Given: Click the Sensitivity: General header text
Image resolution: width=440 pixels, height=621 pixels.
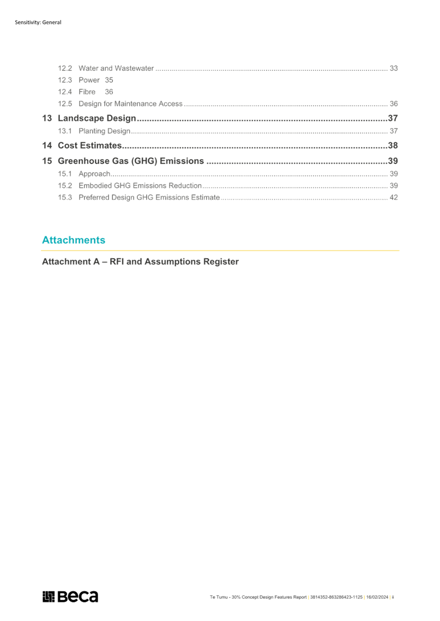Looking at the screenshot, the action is [x=38, y=22].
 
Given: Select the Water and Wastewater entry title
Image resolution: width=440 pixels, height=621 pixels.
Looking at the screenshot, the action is [x=116, y=68].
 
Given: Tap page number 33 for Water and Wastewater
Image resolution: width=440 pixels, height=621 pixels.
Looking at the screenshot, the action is [x=394, y=68].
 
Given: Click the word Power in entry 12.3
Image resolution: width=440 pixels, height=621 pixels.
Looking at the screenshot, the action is [x=89, y=80].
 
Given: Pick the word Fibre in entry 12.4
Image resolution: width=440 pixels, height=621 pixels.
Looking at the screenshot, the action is [x=87, y=92].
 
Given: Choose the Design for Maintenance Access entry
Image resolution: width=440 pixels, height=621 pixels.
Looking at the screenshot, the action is [x=130, y=103].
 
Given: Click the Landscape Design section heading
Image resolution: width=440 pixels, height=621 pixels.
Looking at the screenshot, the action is [x=97, y=118].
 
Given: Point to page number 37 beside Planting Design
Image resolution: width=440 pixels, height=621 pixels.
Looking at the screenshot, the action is [x=394, y=131].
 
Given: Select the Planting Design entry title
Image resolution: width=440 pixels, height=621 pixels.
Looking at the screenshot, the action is [x=104, y=131].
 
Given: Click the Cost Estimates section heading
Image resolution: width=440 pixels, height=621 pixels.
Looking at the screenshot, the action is [x=89, y=145].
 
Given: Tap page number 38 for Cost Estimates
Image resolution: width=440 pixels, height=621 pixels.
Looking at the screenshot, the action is [x=393, y=145].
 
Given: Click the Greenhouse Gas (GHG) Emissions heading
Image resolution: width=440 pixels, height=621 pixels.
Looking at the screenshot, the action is [x=131, y=161].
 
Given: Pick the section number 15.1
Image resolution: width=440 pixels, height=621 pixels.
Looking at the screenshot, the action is [x=65, y=174].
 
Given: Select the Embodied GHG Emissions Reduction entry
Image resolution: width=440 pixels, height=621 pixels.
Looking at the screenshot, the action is [x=140, y=186].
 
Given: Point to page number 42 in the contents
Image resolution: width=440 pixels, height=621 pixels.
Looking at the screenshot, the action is [x=394, y=197].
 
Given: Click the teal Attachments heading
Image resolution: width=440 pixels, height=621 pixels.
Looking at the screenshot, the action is [x=74, y=240].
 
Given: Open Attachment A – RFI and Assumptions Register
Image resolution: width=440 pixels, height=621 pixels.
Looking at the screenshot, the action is [x=140, y=262].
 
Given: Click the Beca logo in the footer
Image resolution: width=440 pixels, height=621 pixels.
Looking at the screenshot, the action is [x=70, y=596].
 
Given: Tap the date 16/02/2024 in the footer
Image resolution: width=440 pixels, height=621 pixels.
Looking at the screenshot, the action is [x=377, y=597].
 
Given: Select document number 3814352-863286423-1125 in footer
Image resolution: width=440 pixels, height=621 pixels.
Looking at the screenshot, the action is [x=336, y=597].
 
